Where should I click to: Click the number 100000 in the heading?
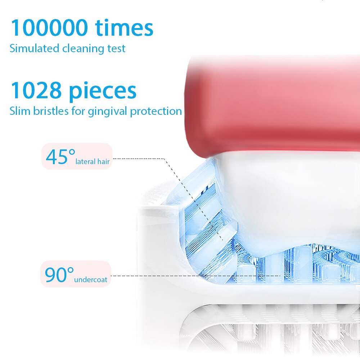coord(49,28)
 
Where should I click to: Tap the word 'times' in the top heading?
coord(124,28)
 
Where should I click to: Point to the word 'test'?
coord(116,49)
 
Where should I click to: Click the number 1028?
coord(36,90)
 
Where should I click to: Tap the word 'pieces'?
coord(103,92)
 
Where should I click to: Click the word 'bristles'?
coord(51,111)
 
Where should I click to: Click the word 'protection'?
coord(156,112)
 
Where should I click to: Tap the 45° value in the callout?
coord(60,157)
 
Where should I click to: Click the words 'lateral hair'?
coord(93,162)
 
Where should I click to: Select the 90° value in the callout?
coord(59,275)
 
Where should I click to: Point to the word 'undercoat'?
coord(91,280)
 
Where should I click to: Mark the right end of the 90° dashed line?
coord(280,276)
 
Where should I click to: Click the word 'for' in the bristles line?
coord(78,111)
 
